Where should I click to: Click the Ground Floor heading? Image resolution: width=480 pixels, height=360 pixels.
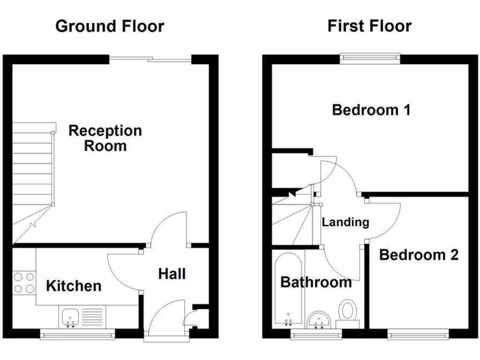point(110,26)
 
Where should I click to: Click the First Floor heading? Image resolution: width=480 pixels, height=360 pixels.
point(369,26)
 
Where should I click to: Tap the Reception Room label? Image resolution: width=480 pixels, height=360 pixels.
point(105,138)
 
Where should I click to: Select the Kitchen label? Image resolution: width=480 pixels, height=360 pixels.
point(74,285)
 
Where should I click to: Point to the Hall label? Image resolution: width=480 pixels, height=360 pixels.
point(172,274)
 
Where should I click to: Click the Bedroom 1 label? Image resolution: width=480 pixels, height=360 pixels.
point(371,110)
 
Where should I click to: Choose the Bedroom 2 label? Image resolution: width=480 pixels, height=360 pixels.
point(419,255)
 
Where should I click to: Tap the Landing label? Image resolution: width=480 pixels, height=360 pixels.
point(345,222)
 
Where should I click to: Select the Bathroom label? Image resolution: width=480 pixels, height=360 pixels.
point(316,282)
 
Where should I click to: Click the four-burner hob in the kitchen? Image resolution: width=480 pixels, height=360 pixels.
point(24,283)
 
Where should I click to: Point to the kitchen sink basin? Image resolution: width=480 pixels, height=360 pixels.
point(70,317)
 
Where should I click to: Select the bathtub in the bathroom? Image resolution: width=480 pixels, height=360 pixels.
point(288,288)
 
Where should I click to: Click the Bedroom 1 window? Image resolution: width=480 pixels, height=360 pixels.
point(370,59)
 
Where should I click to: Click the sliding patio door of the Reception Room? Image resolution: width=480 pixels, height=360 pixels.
point(150,59)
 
